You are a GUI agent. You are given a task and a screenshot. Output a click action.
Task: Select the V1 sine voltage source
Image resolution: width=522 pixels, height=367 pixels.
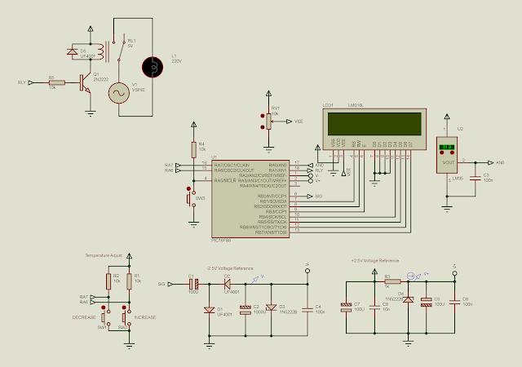[x=118, y=94]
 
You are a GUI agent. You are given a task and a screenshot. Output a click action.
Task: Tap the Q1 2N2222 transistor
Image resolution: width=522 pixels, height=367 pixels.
[x=84, y=82]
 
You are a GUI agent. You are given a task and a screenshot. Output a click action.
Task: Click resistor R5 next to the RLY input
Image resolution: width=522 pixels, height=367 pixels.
[x=56, y=82]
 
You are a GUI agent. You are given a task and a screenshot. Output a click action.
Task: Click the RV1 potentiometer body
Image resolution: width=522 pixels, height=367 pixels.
[x=266, y=121]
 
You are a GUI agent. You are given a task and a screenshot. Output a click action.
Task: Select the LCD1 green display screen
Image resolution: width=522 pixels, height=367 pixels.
[x=375, y=123]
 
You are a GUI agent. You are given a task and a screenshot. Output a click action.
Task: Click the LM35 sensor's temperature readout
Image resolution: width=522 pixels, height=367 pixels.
[x=446, y=149]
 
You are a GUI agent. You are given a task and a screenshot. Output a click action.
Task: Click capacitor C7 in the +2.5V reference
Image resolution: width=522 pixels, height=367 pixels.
[x=347, y=307]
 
